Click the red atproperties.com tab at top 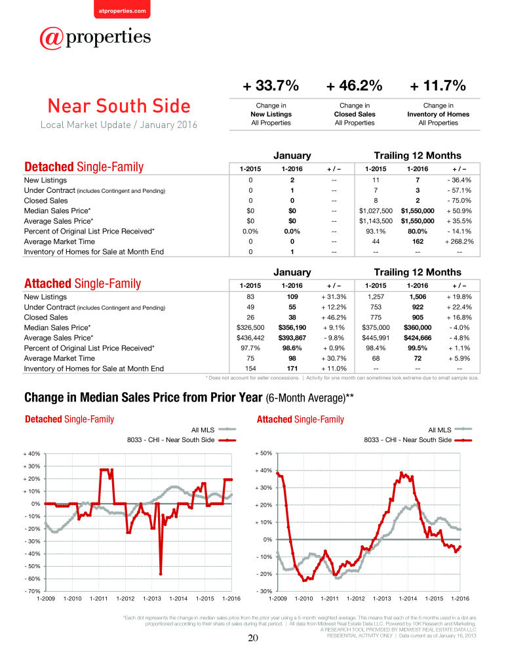tap(122, 9)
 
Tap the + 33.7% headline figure tap(271, 86)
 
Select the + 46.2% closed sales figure tap(355, 86)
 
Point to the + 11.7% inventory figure tap(438, 86)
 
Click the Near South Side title tap(119, 106)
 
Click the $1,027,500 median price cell tap(376, 211)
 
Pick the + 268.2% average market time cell tap(459, 241)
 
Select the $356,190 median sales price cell tap(292, 327)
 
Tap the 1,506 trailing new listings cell tap(418, 297)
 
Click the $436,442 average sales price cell tap(250, 338)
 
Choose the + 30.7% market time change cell tap(334, 358)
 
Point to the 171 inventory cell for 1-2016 tap(292, 369)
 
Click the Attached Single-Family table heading tap(83, 283)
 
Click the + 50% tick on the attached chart tap(264, 453)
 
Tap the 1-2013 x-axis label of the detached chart tap(152, 599)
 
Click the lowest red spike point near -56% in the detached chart tap(161, 574)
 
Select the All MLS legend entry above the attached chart tap(450, 430)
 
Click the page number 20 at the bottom tap(253, 638)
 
